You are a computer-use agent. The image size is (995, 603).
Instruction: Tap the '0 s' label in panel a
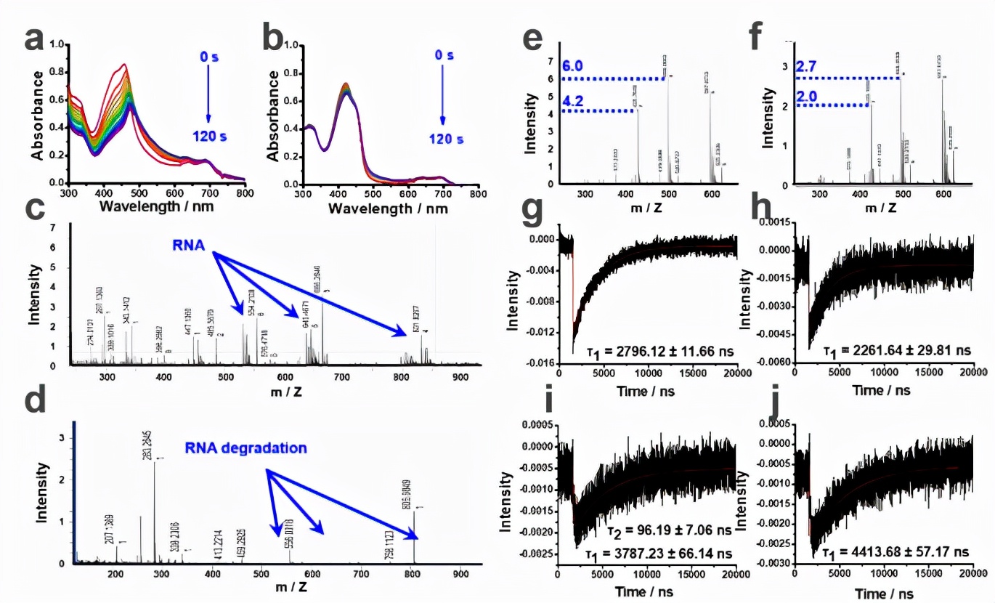tap(208, 56)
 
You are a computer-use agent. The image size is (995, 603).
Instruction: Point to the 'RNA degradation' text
tap(245, 448)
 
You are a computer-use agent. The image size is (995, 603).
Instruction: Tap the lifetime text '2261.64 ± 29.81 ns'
tap(905, 350)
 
